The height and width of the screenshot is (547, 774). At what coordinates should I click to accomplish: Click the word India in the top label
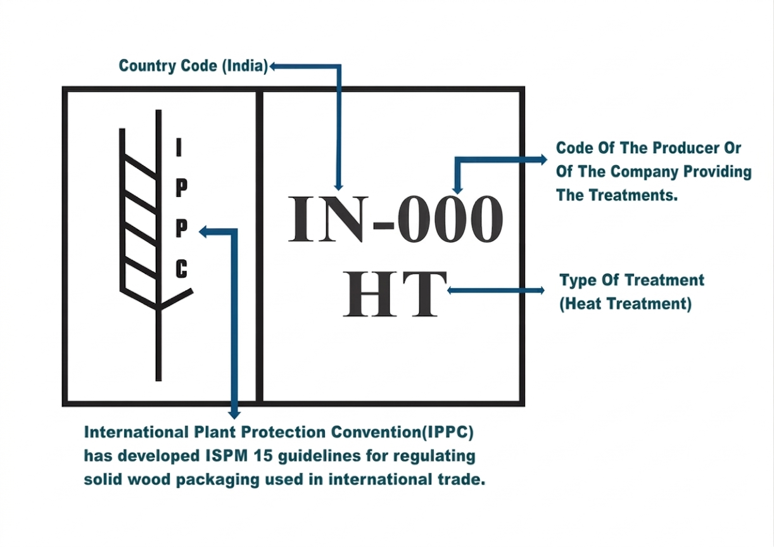point(244,66)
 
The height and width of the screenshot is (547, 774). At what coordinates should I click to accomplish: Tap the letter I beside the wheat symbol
point(179,147)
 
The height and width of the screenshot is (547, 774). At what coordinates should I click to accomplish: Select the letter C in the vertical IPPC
point(181,269)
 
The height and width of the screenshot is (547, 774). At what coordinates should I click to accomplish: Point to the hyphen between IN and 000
point(384,225)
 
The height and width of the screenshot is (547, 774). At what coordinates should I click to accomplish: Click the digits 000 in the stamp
point(450,219)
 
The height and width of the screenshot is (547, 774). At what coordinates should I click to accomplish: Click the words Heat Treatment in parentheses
point(626,304)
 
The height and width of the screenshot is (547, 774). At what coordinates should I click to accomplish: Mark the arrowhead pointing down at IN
point(339,186)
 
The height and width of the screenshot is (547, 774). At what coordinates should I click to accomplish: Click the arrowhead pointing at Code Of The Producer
point(543,160)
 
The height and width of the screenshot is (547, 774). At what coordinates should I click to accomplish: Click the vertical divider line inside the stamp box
point(260,246)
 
